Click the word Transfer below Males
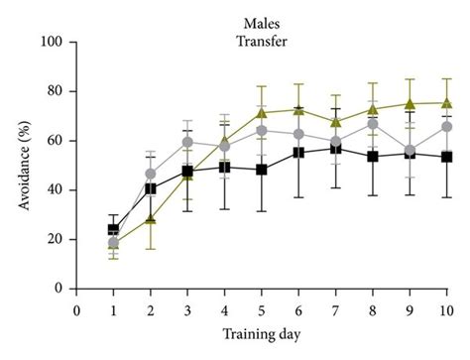(261, 39)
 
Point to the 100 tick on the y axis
(52, 43)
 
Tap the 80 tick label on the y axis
(55, 91)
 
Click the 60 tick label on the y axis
(55, 141)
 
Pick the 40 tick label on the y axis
(55, 190)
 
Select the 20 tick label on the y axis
(55, 239)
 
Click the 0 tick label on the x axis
(76, 307)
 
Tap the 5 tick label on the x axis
(262, 307)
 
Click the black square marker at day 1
(114, 229)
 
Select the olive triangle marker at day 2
(151, 219)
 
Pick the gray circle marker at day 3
(187, 142)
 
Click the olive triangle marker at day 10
(446, 102)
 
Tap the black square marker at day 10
(446, 157)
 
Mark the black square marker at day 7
(336, 148)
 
